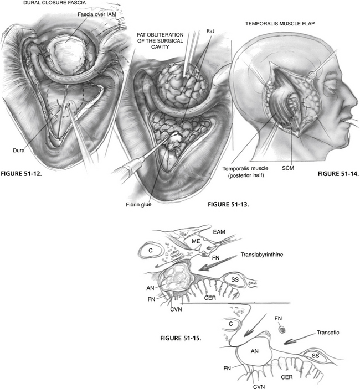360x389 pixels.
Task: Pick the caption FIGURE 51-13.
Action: click(x=229, y=204)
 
